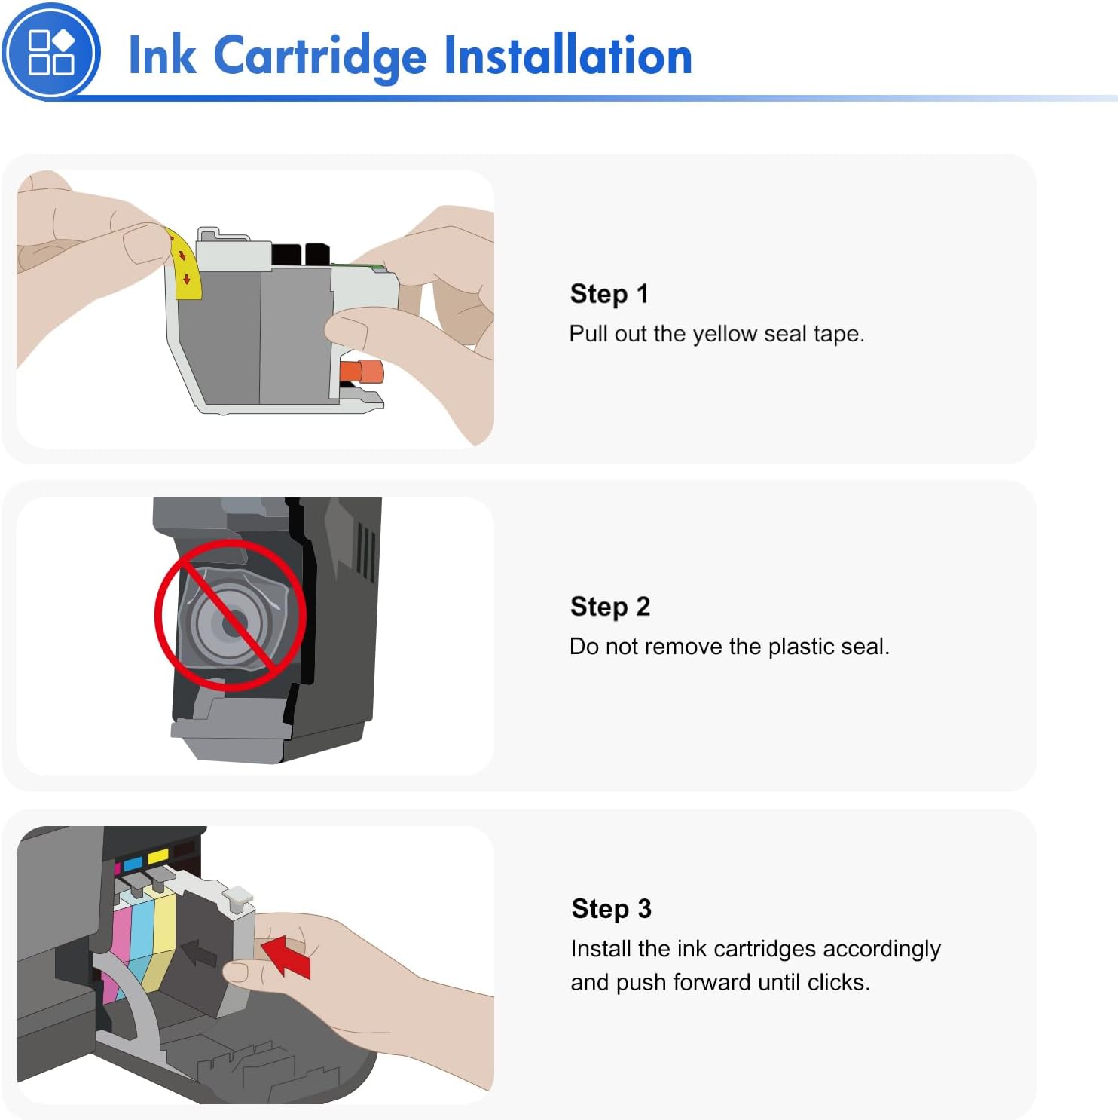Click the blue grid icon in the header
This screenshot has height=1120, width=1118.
tap(50, 52)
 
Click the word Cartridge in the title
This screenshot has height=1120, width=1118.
tap(320, 56)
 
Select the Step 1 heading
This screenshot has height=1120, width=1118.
tap(609, 293)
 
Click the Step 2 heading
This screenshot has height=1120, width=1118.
tap(609, 606)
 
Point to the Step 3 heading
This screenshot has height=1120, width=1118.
tap(611, 908)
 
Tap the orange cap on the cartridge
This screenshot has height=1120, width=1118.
tap(362, 372)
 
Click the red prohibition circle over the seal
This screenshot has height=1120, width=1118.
tap(231, 614)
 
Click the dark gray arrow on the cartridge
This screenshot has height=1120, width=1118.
tap(200, 953)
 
